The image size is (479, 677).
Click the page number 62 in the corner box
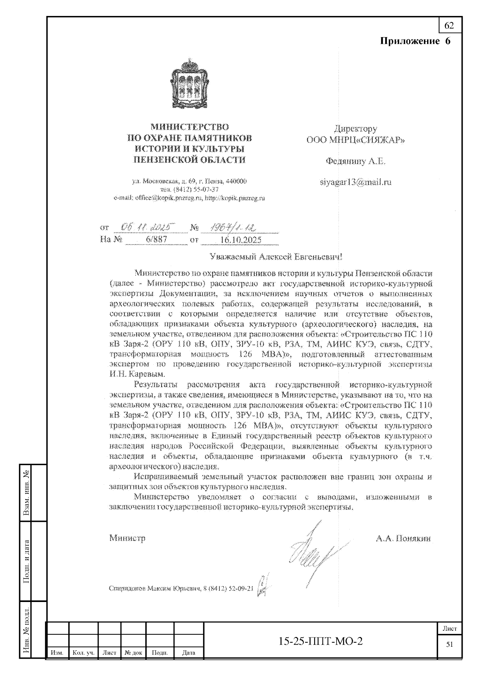[x=449, y=26]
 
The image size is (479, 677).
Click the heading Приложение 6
[x=415, y=41]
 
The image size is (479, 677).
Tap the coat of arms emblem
[x=190, y=84]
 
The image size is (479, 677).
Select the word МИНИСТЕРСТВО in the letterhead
[x=190, y=128]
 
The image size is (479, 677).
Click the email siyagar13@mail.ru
[x=356, y=182]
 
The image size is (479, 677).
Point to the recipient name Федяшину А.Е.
[x=356, y=162]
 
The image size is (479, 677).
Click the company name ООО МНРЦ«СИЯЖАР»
[x=356, y=140]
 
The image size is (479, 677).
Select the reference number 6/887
[x=156, y=240]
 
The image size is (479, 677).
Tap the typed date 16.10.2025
[x=241, y=240]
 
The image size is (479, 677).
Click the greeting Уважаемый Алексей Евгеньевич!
[x=276, y=257]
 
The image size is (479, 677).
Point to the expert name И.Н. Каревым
[x=137, y=374]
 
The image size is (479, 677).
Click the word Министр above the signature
[x=127, y=538]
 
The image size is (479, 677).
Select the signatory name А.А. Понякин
[x=403, y=539]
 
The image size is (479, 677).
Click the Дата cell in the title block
[x=188, y=653]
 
